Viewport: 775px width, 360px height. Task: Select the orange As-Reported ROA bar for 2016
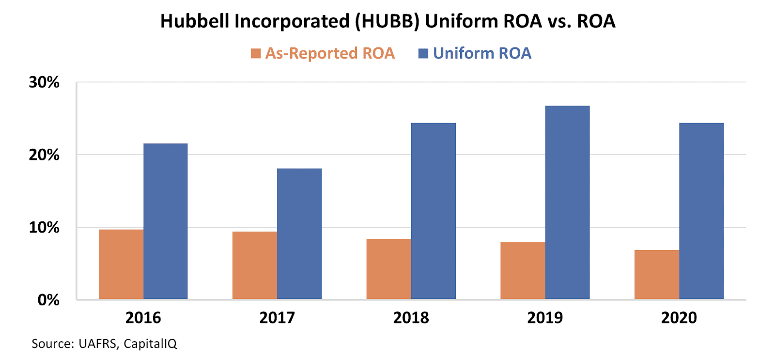point(121,264)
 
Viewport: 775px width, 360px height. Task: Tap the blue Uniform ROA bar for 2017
point(299,234)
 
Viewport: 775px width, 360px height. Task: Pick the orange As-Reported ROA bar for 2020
point(657,274)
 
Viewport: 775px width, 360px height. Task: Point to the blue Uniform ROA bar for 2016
point(166,221)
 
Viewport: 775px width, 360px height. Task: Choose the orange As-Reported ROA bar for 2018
point(389,269)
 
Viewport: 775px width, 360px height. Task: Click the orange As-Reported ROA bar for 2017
point(255,265)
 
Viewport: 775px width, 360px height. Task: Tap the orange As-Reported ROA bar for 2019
point(523,270)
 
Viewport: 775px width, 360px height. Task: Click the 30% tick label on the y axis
point(44,82)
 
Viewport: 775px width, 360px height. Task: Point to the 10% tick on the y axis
point(44,227)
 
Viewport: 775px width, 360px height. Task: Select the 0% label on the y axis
point(48,300)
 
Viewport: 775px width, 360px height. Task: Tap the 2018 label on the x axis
point(411,318)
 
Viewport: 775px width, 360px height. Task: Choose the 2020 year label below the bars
point(679,318)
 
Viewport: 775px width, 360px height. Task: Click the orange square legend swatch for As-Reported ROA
point(256,53)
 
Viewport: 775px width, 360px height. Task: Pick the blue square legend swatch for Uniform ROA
point(423,53)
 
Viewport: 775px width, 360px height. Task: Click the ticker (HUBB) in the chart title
point(387,21)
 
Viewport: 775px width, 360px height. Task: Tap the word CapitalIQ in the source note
point(150,344)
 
